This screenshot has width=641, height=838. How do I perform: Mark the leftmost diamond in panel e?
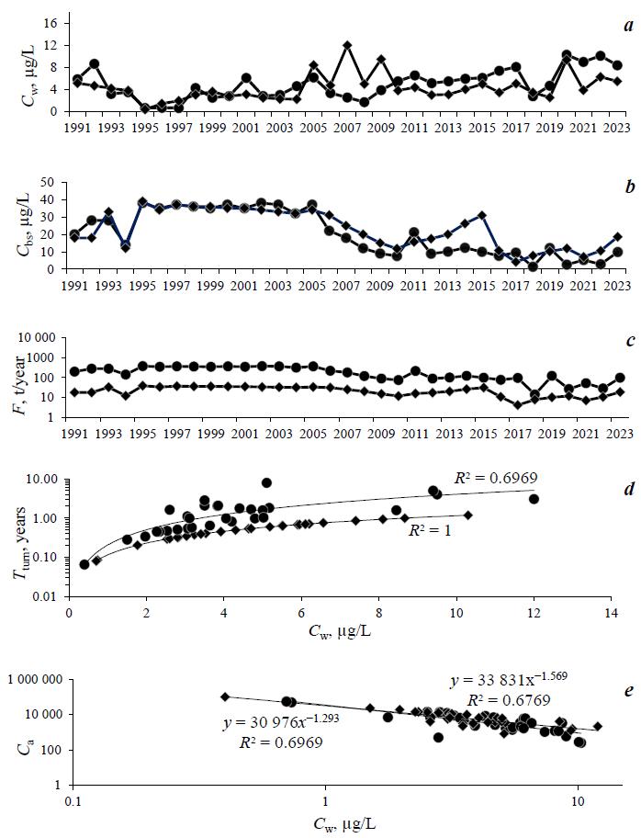[225, 697]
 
